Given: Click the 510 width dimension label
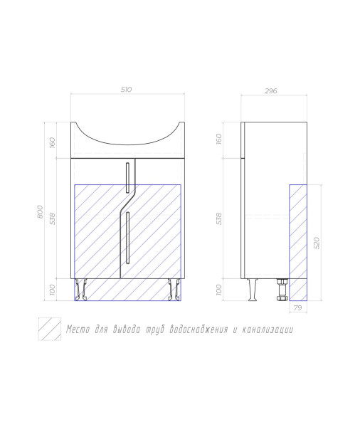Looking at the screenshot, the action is click(x=127, y=90).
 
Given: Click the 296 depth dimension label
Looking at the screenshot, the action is click(x=270, y=90).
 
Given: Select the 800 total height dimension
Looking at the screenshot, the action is click(x=40, y=211).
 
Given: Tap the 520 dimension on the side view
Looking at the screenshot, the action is click(x=317, y=243).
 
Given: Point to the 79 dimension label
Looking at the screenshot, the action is click(x=298, y=307).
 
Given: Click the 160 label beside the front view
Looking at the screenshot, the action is click(x=52, y=143).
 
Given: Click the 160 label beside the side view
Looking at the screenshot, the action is click(x=219, y=139).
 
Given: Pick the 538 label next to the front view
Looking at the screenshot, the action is click(x=52, y=218).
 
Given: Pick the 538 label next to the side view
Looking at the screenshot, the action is click(x=219, y=218).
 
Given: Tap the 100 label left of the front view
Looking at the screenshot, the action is click(x=52, y=290).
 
